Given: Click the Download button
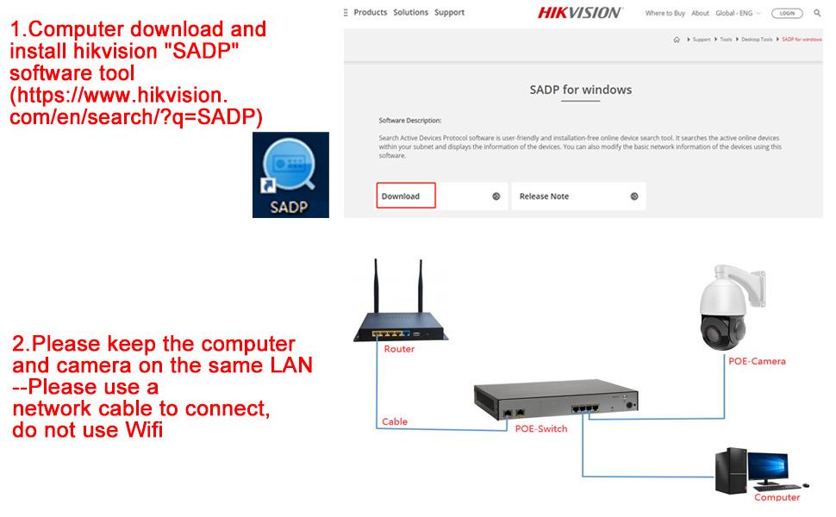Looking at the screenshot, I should [x=406, y=196].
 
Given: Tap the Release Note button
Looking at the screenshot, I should [x=577, y=196].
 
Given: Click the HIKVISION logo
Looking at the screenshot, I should [x=579, y=13].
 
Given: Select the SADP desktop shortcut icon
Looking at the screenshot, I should [x=290, y=174].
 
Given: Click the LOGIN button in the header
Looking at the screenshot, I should [x=786, y=14].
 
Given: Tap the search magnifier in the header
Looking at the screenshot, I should [x=817, y=14].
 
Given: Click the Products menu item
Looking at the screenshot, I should [x=370, y=13].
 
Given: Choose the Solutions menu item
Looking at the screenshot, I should [x=410, y=13].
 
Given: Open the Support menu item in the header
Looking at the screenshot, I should [x=449, y=13].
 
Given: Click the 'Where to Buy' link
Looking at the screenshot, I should [x=665, y=14].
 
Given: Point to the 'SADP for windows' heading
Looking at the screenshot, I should [x=580, y=90].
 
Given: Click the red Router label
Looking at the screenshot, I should [x=399, y=349].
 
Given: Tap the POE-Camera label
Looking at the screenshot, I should [x=757, y=361].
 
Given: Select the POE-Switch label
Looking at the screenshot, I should [x=540, y=428].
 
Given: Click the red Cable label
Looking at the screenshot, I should [x=395, y=422].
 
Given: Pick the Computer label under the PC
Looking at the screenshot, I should [x=777, y=497].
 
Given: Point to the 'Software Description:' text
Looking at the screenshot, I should [x=409, y=121].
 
